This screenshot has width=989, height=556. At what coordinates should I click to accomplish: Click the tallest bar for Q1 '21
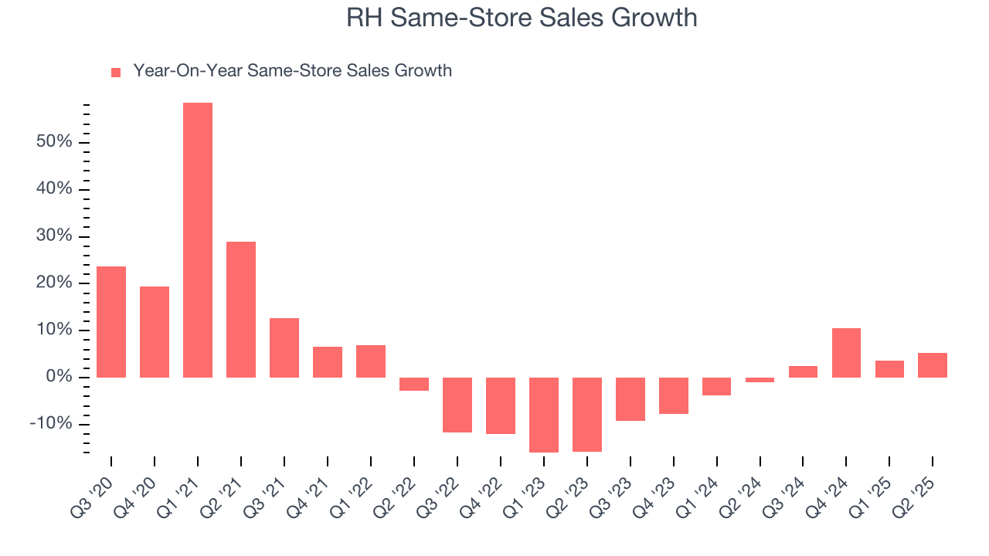tap(198, 239)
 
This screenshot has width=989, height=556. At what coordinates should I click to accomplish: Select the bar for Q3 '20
tap(111, 321)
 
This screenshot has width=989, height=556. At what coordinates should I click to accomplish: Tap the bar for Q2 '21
tap(241, 309)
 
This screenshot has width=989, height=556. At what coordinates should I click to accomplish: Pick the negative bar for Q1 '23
tap(544, 415)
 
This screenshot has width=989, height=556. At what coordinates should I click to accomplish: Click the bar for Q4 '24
tap(846, 352)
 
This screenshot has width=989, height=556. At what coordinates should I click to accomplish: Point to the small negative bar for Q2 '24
tap(760, 380)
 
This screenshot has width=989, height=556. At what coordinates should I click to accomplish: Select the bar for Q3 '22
tap(457, 405)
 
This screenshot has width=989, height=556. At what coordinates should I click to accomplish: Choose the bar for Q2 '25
tap(933, 364)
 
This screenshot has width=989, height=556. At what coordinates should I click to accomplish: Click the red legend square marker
tap(116, 73)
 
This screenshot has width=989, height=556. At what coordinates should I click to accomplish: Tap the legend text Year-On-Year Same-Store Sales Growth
tap(292, 71)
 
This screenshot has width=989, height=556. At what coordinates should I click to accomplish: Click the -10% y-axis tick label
tap(51, 424)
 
